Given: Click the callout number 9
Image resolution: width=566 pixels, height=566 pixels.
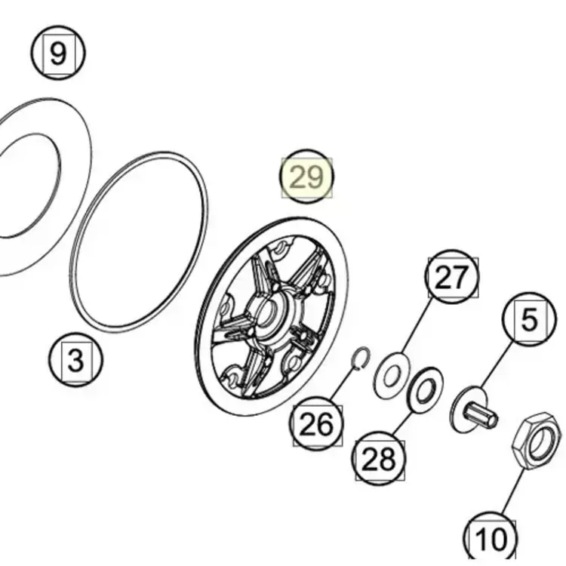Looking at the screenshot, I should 58,54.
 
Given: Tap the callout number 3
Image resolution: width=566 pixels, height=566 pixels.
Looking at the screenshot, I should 75,360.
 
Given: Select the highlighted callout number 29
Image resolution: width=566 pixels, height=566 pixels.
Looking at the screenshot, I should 306,177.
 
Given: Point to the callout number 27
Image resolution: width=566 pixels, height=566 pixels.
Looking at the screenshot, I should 452,278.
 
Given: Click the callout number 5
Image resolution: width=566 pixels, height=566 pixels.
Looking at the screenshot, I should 529,319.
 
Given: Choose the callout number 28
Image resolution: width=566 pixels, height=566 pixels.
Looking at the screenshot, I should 378,458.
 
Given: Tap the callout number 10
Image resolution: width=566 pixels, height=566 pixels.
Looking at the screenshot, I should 490,539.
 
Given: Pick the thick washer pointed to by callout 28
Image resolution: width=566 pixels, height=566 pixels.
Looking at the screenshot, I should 425,389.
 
